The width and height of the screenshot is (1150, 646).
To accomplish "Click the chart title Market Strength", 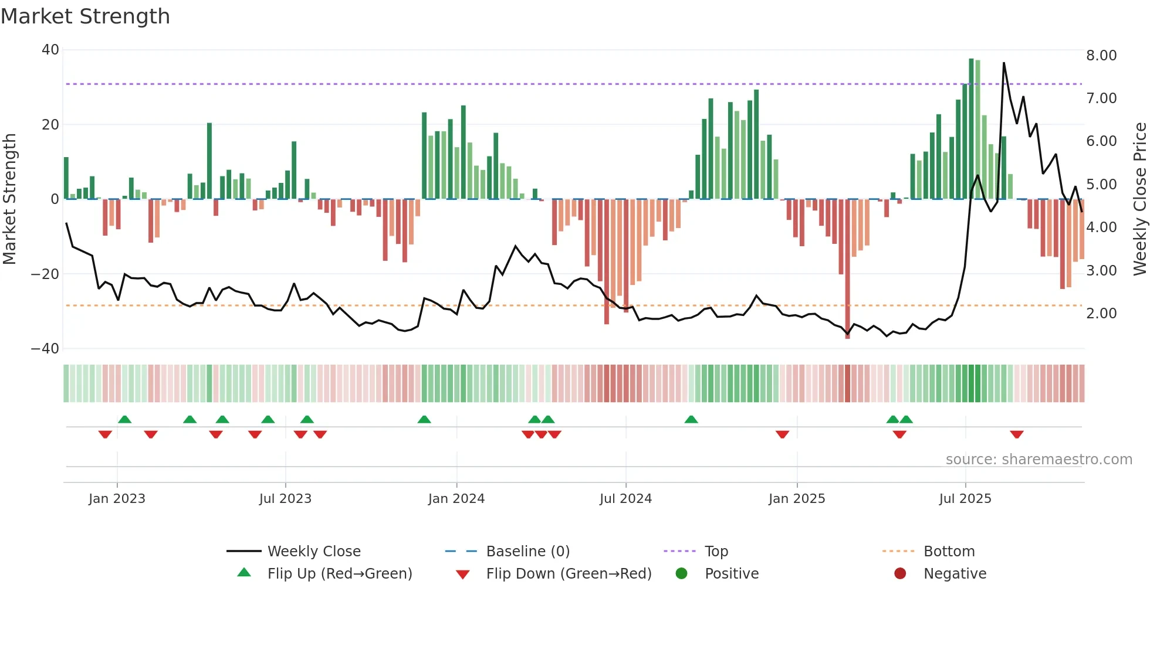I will [x=85, y=16].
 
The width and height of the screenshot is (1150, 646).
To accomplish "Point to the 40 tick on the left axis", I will [x=50, y=50].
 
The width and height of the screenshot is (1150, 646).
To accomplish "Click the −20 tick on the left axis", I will [x=45, y=274].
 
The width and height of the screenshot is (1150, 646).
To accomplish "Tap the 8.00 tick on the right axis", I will [x=1101, y=56].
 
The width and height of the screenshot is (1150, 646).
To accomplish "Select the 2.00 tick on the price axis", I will [x=1101, y=314].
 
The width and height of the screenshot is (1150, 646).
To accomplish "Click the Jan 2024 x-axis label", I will [x=456, y=499].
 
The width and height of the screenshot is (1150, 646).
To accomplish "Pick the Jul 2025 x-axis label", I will [x=965, y=499].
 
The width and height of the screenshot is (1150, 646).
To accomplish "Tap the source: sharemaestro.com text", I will [x=1039, y=460].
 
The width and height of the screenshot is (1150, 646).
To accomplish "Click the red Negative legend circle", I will [x=900, y=574].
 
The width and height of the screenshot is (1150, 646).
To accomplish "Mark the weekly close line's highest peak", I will [x=1004, y=63].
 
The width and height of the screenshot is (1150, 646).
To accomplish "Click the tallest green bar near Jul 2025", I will [x=971, y=129].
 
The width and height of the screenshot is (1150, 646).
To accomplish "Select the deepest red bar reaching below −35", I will [x=847, y=270].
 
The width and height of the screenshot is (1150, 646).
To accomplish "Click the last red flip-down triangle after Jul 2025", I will [x=1017, y=434].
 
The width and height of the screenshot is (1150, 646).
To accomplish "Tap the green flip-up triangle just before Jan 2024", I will [x=424, y=419].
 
